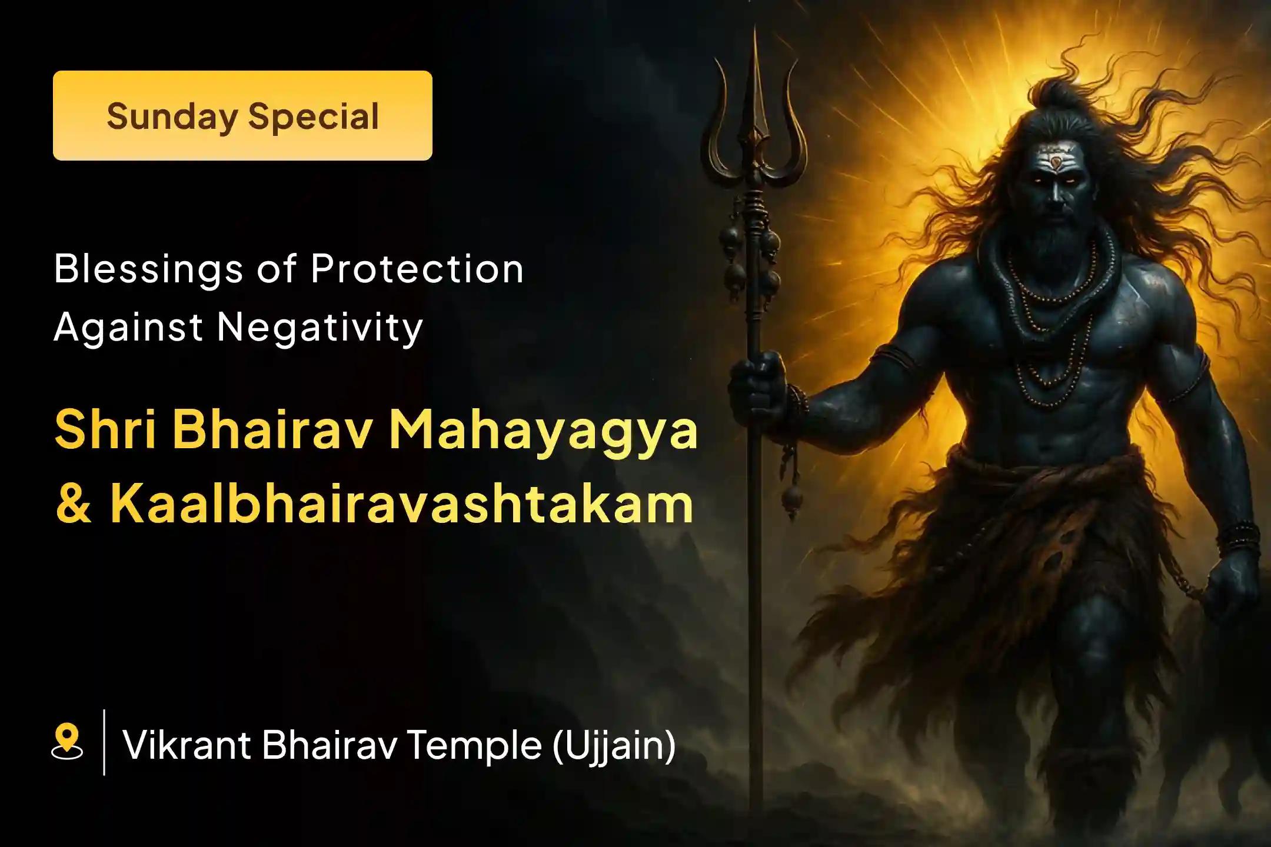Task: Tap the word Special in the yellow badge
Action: pyautogui.click(x=313, y=116)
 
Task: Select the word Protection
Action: pyautogui.click(x=417, y=269)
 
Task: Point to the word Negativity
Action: pyautogui.click(x=320, y=327)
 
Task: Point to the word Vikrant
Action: pyautogui.click(x=186, y=745)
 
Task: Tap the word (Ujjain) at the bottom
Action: pyautogui.click(x=614, y=745)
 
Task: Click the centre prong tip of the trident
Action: pyautogui.click(x=755, y=35)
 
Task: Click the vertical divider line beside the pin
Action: pyautogui.click(x=104, y=742)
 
